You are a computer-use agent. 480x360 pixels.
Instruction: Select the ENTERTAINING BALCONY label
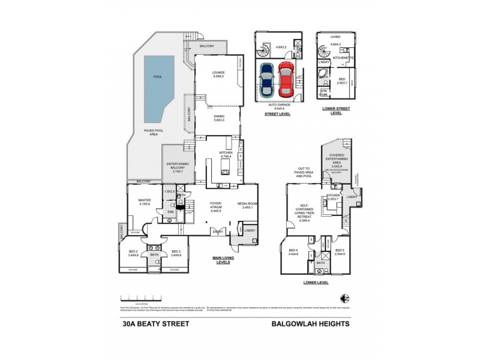pos(178,168)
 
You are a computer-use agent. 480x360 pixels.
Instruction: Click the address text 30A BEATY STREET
pos(151,323)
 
